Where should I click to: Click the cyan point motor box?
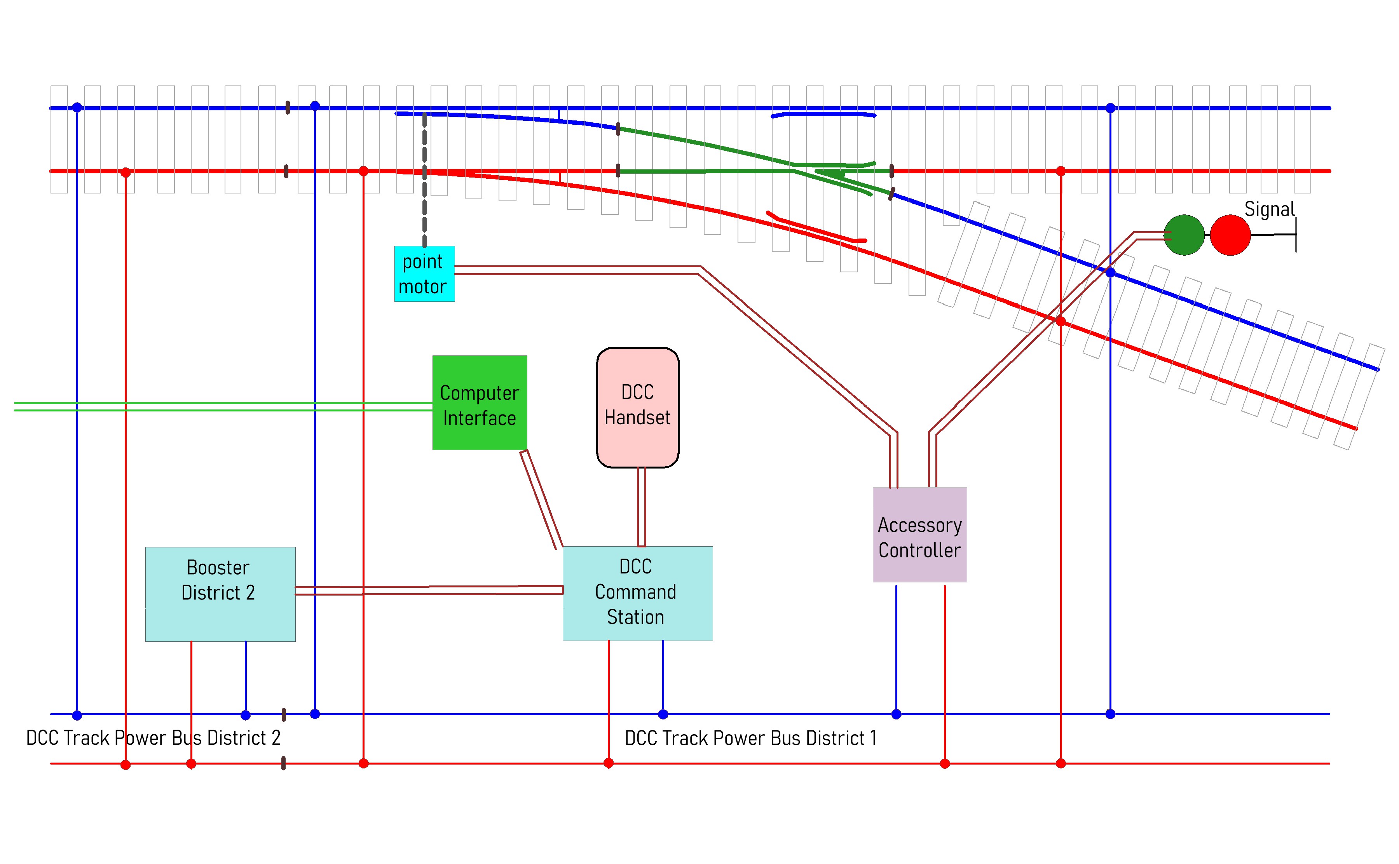tap(424, 274)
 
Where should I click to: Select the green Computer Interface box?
tap(480, 403)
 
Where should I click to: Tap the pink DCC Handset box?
tap(637, 407)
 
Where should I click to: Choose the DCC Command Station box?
tap(637, 593)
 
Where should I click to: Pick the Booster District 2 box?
tap(220, 594)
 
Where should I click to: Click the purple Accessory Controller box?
tap(919, 535)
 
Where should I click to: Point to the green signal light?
tap(1184, 235)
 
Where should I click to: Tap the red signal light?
tap(1230, 235)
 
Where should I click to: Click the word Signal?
tap(1269, 209)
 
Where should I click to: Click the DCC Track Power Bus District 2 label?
tap(153, 738)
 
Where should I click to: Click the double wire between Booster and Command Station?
tap(429, 590)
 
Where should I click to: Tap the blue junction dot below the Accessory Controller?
tap(896, 714)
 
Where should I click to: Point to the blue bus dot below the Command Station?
tap(663, 714)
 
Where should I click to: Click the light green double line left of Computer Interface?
tap(223, 406)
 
